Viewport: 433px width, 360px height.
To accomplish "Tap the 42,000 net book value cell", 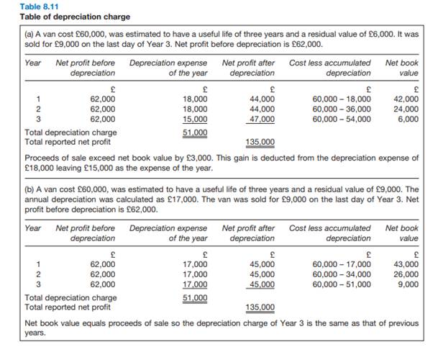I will (x=406, y=99).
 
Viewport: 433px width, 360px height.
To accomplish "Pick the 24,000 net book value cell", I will (x=406, y=109).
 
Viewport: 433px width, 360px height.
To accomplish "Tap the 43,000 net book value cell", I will (x=406, y=264).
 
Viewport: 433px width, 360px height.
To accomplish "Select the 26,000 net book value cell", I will (x=406, y=274).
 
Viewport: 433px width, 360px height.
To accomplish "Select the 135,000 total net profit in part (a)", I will (x=260, y=142).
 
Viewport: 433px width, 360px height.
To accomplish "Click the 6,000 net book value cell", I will (x=409, y=119).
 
